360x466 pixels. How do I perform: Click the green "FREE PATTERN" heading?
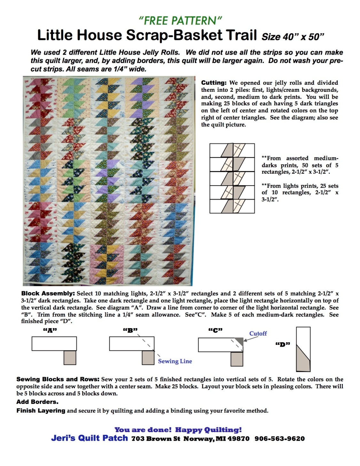[180, 21]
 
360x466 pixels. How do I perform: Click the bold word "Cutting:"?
[214, 83]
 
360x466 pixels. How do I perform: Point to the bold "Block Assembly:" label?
[48, 293]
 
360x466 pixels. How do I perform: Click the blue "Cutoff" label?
[258, 333]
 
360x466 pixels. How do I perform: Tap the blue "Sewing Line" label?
[175, 361]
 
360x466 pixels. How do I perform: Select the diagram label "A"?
[50, 330]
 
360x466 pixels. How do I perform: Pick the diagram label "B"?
[130, 330]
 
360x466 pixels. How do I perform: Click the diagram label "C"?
[215, 330]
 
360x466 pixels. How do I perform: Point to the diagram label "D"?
[283, 344]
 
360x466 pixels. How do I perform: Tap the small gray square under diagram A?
[70, 358]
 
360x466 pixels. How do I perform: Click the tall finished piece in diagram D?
[303, 349]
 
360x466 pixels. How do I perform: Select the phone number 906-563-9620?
[279, 438]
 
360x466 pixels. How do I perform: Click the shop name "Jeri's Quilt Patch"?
[89, 438]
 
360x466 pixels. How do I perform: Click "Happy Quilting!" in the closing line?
[208, 430]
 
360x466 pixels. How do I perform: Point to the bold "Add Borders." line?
[37, 402]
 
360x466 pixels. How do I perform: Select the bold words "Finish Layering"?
[41, 410]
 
